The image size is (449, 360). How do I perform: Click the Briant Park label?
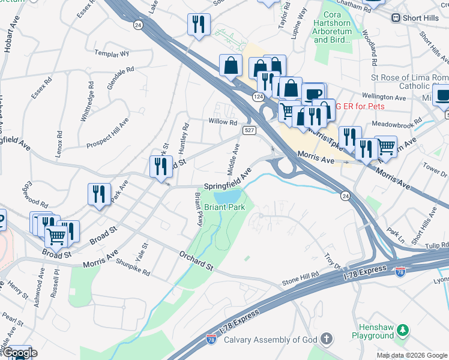point(224,208)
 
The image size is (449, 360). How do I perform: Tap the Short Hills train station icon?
point(396,17)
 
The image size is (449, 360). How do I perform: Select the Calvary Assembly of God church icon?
point(326,340)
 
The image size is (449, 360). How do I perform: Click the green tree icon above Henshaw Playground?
point(403,329)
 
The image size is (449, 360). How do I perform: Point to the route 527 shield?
point(249,130)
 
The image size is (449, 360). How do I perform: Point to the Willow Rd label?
point(223,122)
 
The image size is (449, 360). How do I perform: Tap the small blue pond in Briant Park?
point(227,196)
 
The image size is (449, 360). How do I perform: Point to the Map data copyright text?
point(411,355)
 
